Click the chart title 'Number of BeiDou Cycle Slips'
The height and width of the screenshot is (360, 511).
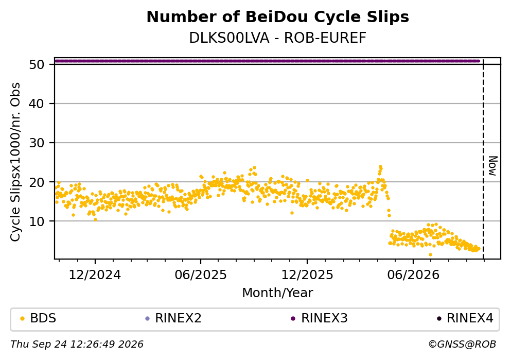tap(278, 17)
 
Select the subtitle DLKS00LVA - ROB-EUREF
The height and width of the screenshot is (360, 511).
tap(278, 38)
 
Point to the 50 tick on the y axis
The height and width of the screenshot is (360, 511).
tap(37, 64)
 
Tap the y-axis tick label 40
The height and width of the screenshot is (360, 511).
tap(37, 104)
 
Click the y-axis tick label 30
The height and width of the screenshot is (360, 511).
tap(37, 143)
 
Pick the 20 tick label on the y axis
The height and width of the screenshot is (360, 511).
tap(37, 182)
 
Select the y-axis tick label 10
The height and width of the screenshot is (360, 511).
tap(37, 221)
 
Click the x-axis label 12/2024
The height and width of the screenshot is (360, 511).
tap(95, 275)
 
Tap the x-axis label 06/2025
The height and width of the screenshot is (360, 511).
tap(201, 275)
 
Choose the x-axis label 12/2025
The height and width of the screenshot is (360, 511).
tap(307, 275)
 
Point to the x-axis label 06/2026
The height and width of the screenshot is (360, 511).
tap(413, 275)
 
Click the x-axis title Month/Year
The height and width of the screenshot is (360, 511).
tap(278, 293)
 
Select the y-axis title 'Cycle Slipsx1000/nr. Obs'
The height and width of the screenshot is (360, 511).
tap(15, 162)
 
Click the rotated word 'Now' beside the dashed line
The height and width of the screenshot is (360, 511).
tap(493, 166)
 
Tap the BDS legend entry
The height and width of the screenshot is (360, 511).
tap(38, 318)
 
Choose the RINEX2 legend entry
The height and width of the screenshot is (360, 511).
tap(173, 318)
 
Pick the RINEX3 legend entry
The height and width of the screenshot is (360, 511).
tap(320, 318)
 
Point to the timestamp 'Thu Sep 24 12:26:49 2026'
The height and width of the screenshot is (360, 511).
tap(77, 345)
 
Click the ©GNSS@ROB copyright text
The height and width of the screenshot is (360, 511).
tap(462, 345)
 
